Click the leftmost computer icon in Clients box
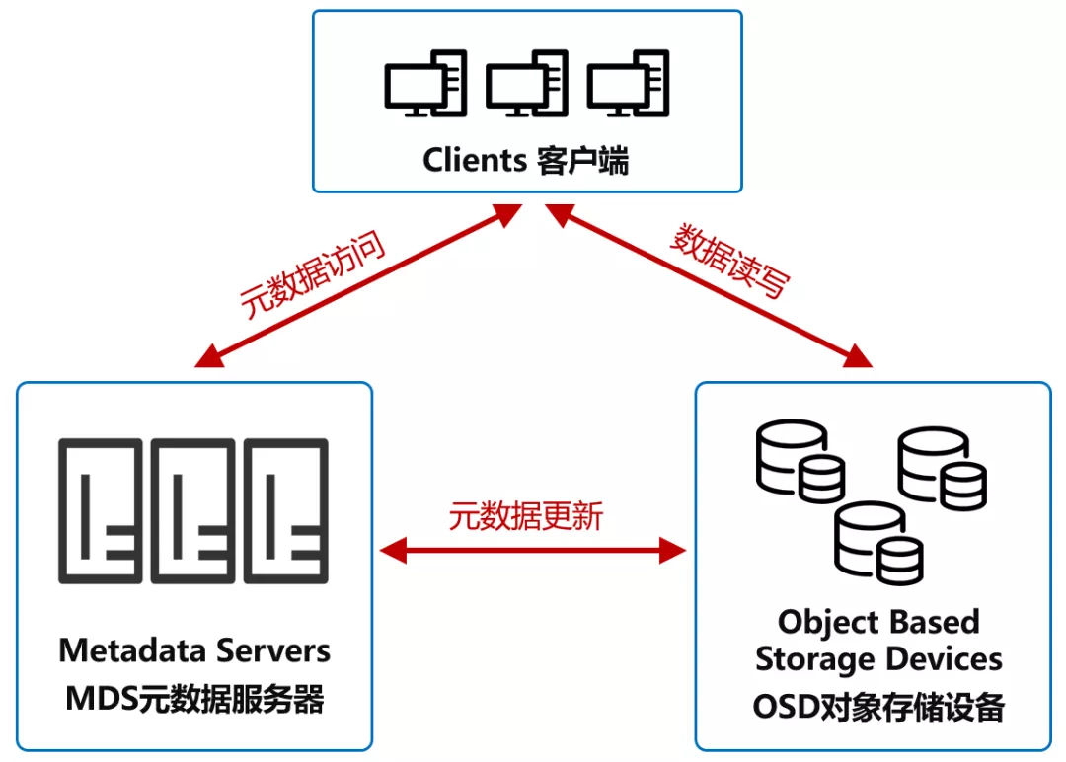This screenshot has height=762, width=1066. click(424, 86)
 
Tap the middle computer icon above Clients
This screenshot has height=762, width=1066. click(526, 86)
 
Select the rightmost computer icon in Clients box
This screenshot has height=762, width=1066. click(629, 86)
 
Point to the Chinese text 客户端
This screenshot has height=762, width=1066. click(583, 160)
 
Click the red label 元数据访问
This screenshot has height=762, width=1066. click(312, 276)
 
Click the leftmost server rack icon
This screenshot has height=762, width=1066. click(100, 510)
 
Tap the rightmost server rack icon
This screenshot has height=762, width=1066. click(285, 510)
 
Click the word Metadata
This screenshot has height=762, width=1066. click(131, 651)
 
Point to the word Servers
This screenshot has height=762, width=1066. click(273, 651)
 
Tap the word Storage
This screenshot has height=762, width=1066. click(813, 658)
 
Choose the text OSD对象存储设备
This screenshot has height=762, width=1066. click(878, 707)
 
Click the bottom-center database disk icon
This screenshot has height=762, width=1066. click(877, 544)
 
